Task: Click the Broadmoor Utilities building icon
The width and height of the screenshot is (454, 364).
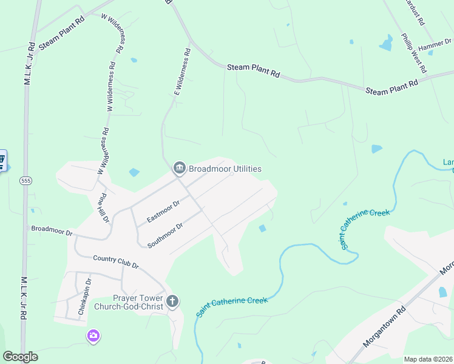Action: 179,168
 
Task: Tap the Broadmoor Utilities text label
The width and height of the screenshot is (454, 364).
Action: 225,169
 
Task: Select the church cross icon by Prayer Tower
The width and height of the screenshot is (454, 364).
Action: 172,301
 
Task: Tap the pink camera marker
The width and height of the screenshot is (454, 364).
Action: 93,335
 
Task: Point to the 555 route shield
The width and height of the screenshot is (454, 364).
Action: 25,181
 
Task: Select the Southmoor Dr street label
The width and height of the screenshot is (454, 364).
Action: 165,235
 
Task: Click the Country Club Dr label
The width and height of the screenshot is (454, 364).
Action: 116,262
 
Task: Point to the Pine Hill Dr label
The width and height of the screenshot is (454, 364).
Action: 104,207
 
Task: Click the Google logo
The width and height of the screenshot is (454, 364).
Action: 20,357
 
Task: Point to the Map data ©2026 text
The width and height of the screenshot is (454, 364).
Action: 429,359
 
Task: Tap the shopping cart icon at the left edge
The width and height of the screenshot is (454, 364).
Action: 2,161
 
